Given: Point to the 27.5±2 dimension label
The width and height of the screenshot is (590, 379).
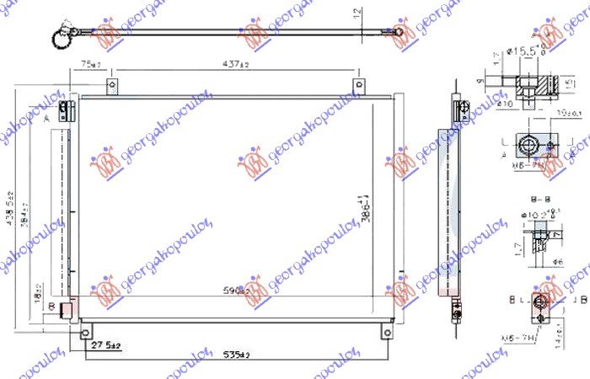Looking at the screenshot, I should [x=107, y=345].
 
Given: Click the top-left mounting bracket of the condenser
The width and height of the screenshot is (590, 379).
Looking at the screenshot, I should [x=110, y=86].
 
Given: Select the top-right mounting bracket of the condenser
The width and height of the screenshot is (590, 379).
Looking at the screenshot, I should [x=359, y=86].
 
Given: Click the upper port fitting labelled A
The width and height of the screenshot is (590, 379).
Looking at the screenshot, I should [x=67, y=109].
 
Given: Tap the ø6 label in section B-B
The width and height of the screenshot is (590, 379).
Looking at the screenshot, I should [x=557, y=263].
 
